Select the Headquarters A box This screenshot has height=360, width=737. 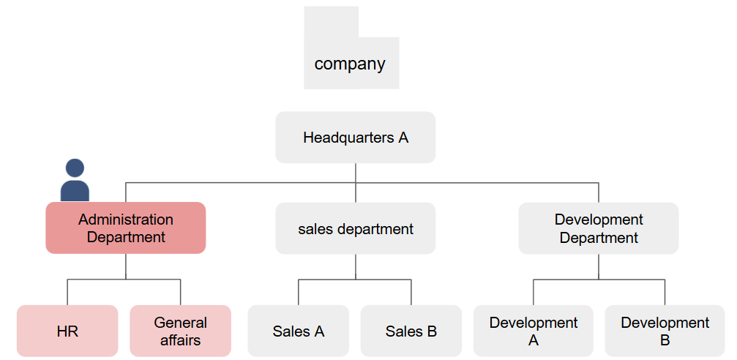356,137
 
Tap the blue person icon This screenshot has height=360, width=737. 75,181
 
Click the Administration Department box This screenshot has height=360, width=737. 126,228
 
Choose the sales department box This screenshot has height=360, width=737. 356,228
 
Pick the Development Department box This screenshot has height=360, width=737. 599,228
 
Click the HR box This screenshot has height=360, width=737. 67,331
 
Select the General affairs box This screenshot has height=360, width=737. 181,331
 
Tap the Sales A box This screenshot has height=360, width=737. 299,331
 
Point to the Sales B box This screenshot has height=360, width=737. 411,331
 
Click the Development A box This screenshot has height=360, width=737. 534,331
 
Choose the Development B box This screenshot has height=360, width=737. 665,331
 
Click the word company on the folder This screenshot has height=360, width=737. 350,64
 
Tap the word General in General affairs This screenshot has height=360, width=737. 181,323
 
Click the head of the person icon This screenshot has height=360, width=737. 75,168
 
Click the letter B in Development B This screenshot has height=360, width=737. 665,340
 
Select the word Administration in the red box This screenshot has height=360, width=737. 126,220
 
